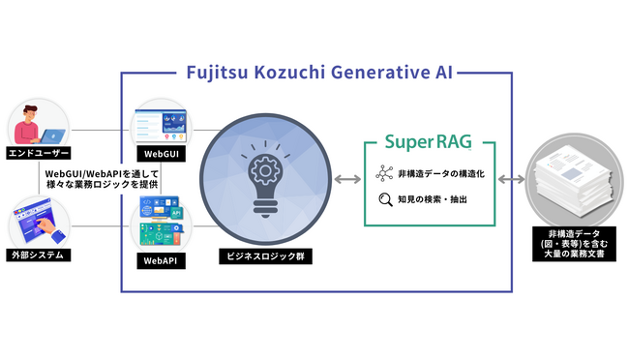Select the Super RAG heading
tap(429, 143)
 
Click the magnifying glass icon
tap(384, 201)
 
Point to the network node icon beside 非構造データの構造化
tap(384, 175)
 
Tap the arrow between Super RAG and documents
tap(512, 180)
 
